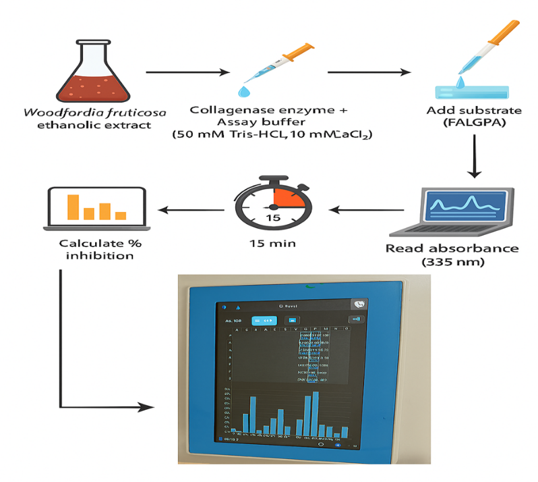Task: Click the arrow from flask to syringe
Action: [x=189, y=72]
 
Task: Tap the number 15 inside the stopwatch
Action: [x=272, y=217]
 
